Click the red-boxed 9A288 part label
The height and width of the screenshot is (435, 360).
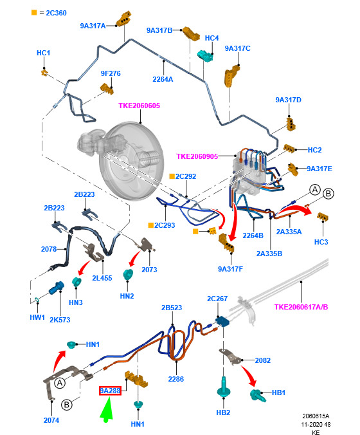[x=110, y=391]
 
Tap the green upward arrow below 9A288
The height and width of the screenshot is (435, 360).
[x=107, y=409]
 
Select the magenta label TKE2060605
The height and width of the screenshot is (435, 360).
[x=139, y=106]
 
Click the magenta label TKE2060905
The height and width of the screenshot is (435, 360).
[x=197, y=156]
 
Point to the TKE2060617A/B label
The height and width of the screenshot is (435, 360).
[x=301, y=307]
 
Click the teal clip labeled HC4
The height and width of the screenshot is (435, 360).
[x=205, y=56]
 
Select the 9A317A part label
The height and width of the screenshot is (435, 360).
[x=93, y=26]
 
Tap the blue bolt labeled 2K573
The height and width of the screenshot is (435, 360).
[x=57, y=288]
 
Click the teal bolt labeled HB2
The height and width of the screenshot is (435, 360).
[x=223, y=387]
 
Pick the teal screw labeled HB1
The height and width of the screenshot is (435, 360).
[x=258, y=395]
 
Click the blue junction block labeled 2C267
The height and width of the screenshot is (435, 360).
[x=222, y=322]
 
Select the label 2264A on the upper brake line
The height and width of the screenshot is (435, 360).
[x=163, y=79]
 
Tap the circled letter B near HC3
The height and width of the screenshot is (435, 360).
[x=328, y=193]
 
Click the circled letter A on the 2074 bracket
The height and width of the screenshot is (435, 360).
[x=60, y=383]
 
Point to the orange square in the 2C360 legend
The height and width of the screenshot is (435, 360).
[x=34, y=12]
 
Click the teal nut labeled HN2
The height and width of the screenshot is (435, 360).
[x=128, y=274]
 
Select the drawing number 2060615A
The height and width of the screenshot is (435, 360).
[x=316, y=416]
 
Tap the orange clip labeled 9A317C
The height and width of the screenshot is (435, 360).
[x=231, y=75]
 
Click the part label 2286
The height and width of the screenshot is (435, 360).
[x=175, y=379]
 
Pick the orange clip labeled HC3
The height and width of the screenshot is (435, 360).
[x=322, y=217]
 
